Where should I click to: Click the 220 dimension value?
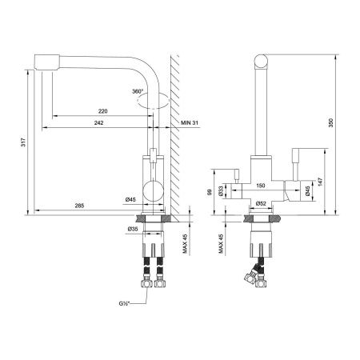[103, 111]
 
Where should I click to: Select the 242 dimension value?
[98, 122]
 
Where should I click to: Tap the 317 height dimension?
[23, 142]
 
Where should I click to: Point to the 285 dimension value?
[79, 206]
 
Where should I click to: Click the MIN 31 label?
[190, 122]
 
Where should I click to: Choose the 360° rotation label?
[138, 91]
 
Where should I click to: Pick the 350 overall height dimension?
[330, 122]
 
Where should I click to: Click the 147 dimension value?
[320, 182]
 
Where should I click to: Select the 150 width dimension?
[261, 186]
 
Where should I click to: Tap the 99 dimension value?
[209, 192]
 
